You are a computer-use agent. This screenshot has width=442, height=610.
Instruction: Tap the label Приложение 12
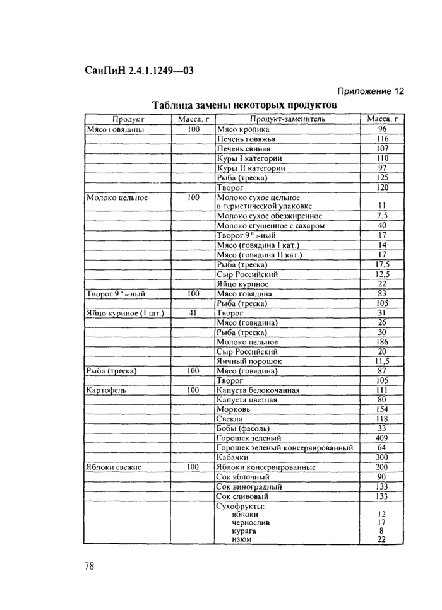pyautogui.click(x=370, y=91)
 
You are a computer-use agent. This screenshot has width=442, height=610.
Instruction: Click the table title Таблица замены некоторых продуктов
pyautogui.click(x=243, y=104)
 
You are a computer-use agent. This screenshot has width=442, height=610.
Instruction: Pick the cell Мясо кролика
pyautogui.click(x=243, y=129)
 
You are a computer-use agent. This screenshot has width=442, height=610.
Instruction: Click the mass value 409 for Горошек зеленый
pyautogui.click(x=381, y=438)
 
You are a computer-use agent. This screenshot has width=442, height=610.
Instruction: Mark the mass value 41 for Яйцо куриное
pyautogui.click(x=193, y=313)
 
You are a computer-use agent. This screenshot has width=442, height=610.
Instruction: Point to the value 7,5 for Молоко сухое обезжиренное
pyautogui.click(x=381, y=216)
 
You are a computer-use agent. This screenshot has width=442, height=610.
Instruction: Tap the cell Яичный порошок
pyautogui.click(x=249, y=361)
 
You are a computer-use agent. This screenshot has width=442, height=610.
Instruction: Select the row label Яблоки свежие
pyautogui.click(x=113, y=467)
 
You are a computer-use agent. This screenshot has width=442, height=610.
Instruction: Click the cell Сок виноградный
pyautogui.click(x=249, y=486)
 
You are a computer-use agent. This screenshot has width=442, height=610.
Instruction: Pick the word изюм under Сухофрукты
pyautogui.click(x=242, y=539)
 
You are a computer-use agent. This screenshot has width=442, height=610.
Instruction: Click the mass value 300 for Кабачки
pyautogui.click(x=381, y=457)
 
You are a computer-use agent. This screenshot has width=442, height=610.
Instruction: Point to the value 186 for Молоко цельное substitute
pyautogui.click(x=381, y=342)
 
